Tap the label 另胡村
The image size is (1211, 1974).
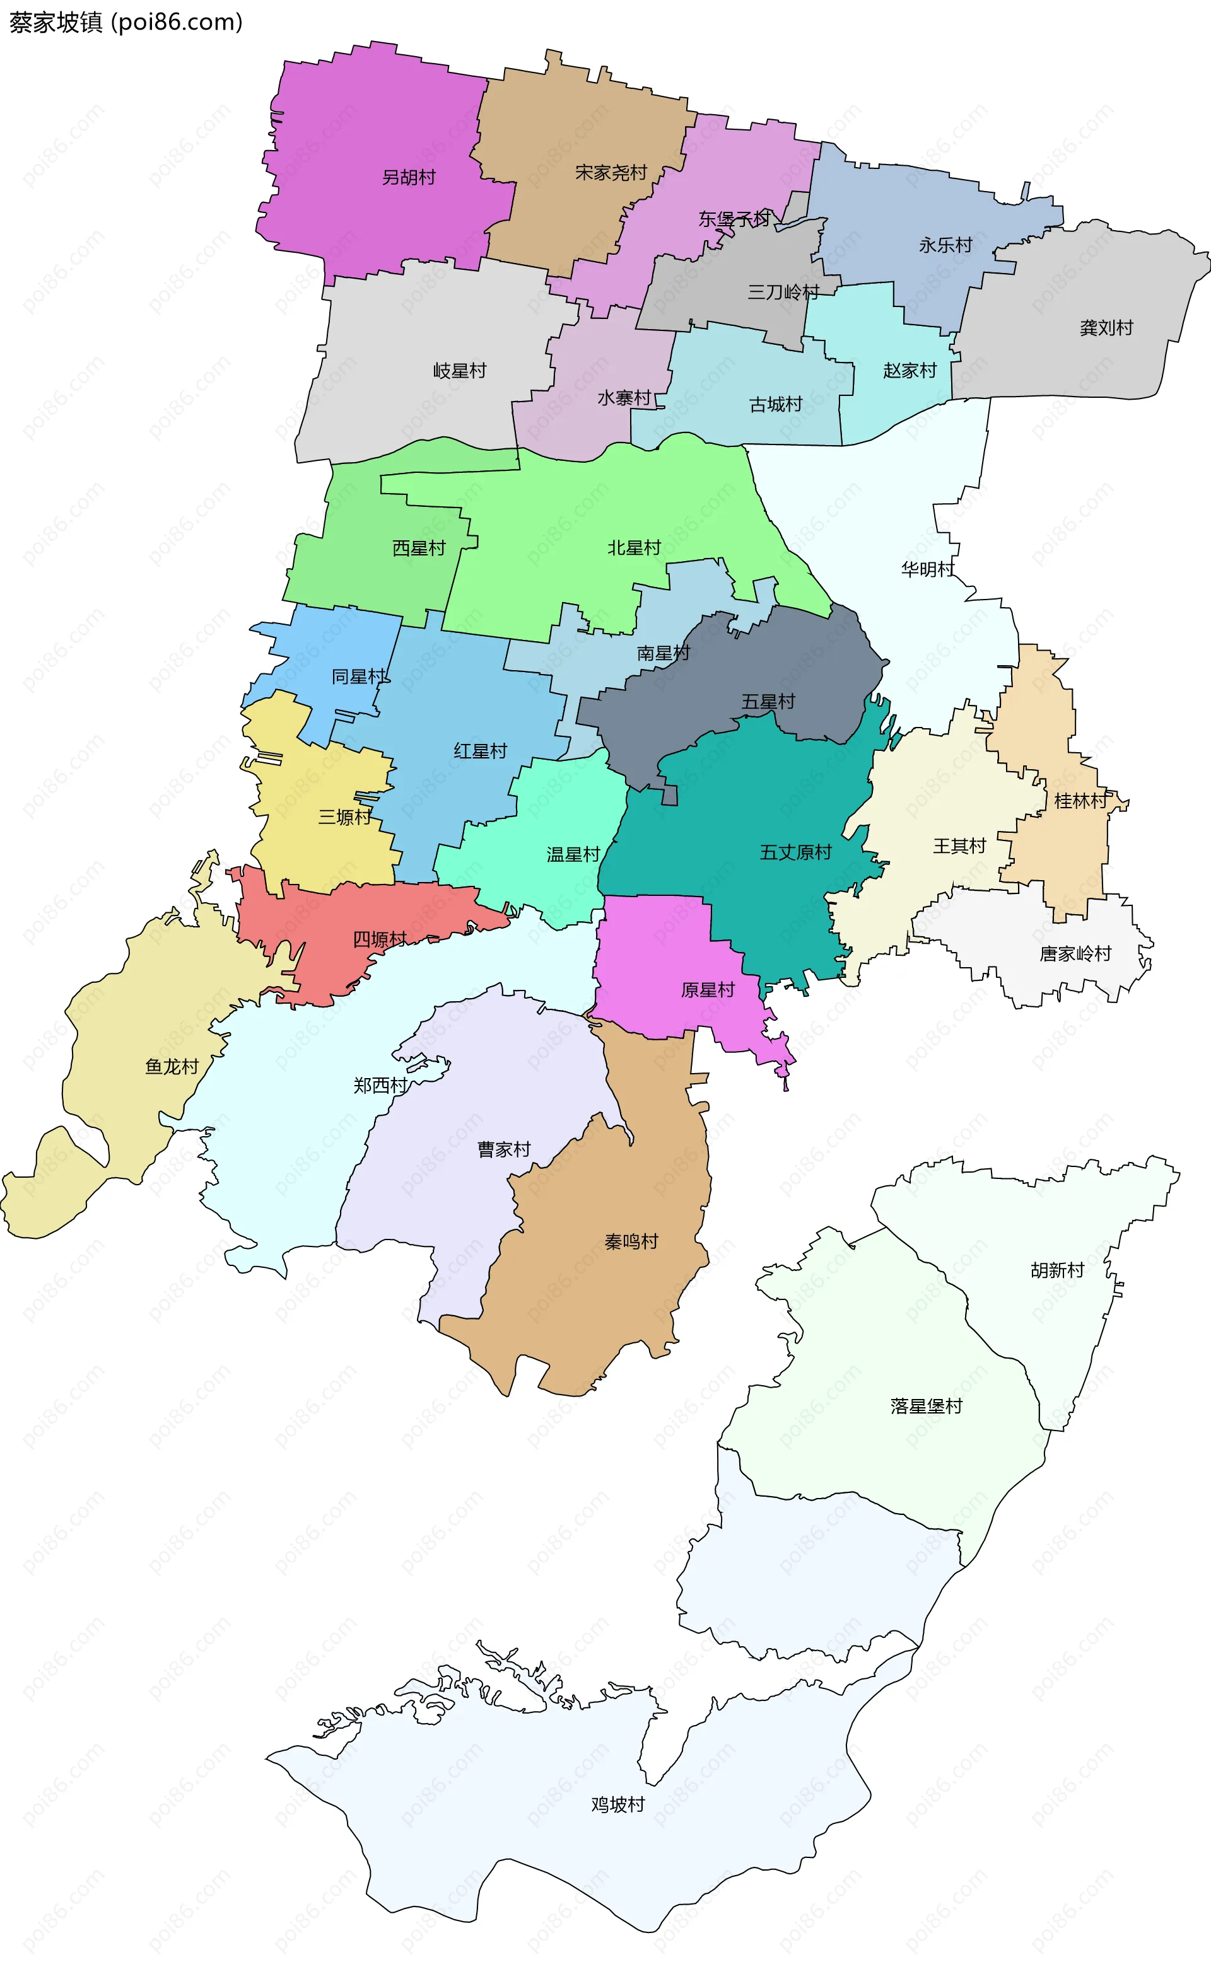pyautogui.click(x=409, y=177)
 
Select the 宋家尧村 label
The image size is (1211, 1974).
pyautogui.click(x=611, y=172)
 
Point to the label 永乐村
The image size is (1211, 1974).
pyautogui.click(x=945, y=245)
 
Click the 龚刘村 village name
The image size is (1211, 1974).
pyautogui.click(x=1106, y=328)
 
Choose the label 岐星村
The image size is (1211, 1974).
pyautogui.click(x=459, y=371)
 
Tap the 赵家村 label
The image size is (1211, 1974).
pyautogui.click(x=910, y=371)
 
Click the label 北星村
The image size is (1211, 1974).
pyautogui.click(x=634, y=548)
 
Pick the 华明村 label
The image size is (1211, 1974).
pyautogui.click(x=928, y=569)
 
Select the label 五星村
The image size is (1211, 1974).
pyautogui.click(x=768, y=702)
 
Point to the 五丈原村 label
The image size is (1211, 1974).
pyautogui.click(x=795, y=852)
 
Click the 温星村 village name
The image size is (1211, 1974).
pyautogui.click(x=573, y=855)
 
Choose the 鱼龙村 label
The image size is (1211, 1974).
pyautogui.click(x=172, y=1067)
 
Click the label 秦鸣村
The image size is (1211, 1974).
pyautogui.click(x=631, y=1242)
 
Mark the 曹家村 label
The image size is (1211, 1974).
pyautogui.click(x=504, y=1149)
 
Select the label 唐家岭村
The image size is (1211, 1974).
pyautogui.click(x=1075, y=954)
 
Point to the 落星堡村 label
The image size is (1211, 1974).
pyautogui.click(x=926, y=1406)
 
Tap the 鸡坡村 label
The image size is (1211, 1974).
pyautogui.click(x=618, y=1804)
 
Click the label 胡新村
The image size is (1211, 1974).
pyautogui.click(x=1057, y=1270)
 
